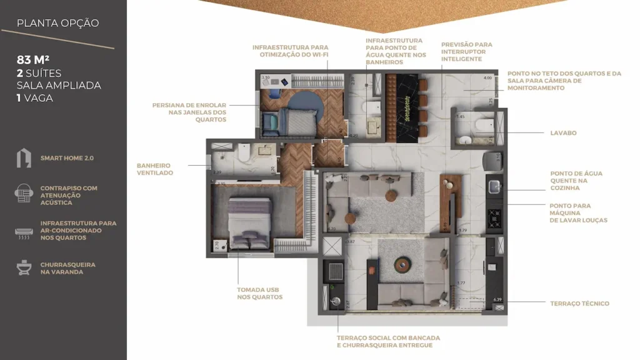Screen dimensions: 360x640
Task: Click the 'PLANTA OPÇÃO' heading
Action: (57, 23)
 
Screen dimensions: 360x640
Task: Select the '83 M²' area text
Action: (33, 60)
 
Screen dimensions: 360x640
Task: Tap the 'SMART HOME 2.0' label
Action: (67, 159)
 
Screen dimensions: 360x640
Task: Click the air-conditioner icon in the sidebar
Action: (24, 232)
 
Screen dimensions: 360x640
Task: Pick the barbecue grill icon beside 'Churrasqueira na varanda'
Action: (24, 268)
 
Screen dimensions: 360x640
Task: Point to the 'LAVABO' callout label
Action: (563, 133)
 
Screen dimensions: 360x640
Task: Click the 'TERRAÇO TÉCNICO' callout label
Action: (579, 304)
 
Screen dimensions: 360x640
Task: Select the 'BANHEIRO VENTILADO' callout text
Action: (155, 169)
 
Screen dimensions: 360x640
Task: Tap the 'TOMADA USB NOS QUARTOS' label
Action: (259, 293)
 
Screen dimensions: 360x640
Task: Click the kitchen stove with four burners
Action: (495, 217)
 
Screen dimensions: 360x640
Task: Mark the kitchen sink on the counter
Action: (494, 186)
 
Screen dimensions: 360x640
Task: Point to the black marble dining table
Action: (401, 107)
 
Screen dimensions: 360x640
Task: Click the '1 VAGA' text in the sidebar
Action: (34, 98)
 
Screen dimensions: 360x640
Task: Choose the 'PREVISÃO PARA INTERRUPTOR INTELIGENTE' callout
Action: (466, 52)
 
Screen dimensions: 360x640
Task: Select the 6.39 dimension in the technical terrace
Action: (497, 300)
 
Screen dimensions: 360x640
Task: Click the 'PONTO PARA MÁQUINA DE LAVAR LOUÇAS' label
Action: (578, 212)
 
